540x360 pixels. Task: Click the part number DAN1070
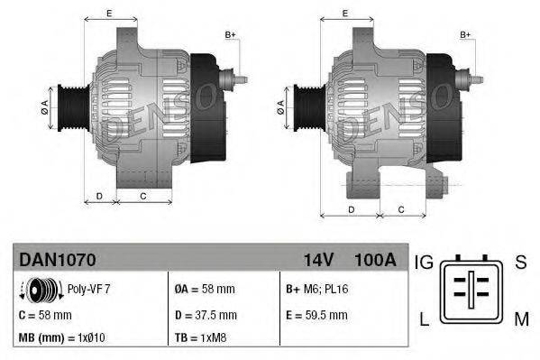[x=57, y=260]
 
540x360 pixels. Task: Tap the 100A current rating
[x=376, y=260]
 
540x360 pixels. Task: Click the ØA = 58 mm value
[x=205, y=290]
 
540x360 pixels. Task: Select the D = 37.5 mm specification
[x=205, y=315]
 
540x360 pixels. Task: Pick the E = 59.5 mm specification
[x=316, y=315]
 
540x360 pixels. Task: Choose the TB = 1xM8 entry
[x=201, y=339]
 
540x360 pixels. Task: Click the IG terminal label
[x=425, y=263]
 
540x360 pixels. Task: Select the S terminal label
[x=519, y=263]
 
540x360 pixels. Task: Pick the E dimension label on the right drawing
[x=346, y=14]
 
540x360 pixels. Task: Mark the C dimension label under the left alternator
[x=143, y=195]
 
